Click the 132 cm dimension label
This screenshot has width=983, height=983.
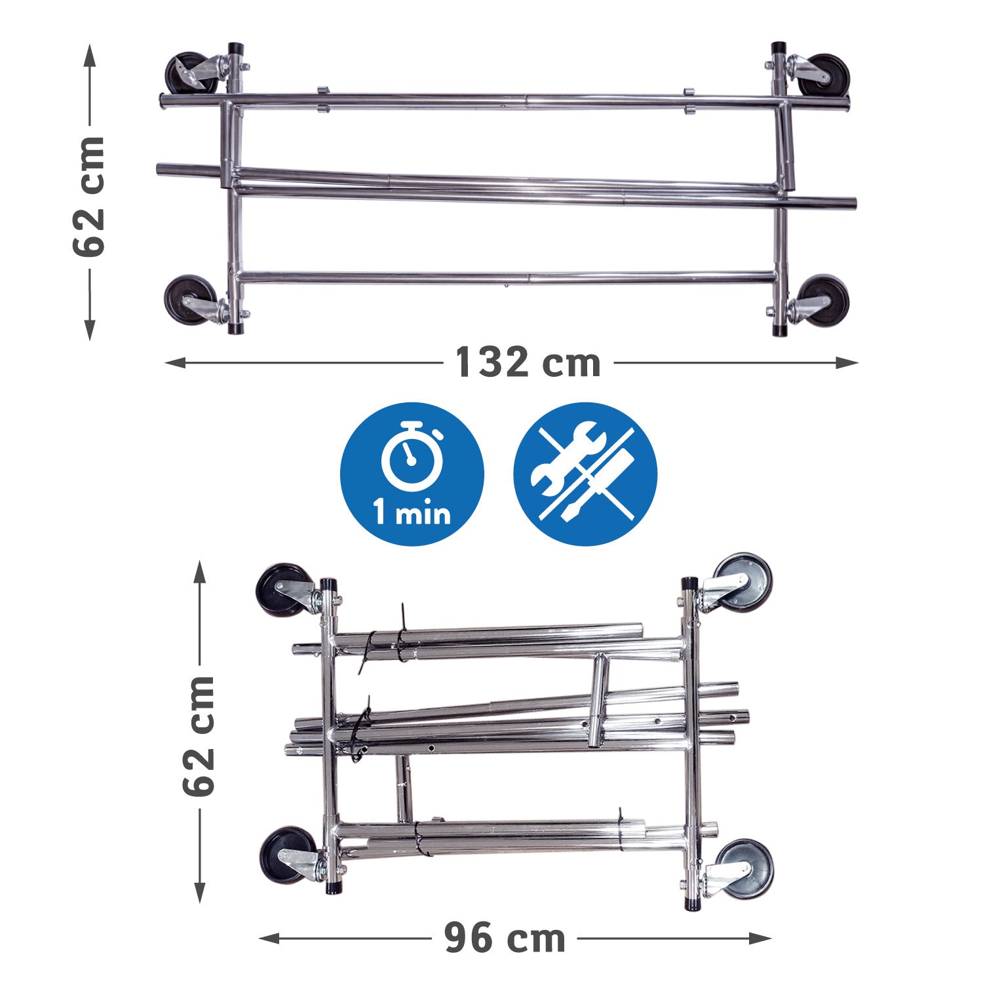(x=528, y=362)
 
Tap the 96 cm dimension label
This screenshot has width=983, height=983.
(x=505, y=938)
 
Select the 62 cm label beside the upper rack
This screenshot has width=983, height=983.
(x=89, y=196)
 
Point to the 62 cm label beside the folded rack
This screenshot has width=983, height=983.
(x=199, y=735)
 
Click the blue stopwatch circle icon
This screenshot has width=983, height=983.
(x=412, y=474)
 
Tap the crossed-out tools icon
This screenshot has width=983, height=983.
(x=585, y=474)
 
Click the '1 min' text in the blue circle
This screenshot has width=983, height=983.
(x=412, y=512)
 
